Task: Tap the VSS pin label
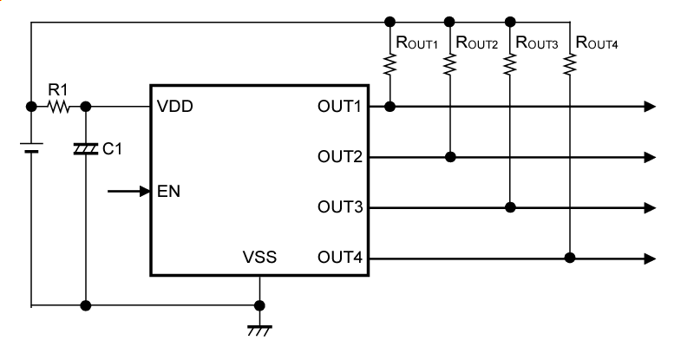(x=260, y=258)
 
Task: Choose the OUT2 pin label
(x=339, y=157)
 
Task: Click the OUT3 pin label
(x=339, y=207)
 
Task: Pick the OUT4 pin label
(x=339, y=258)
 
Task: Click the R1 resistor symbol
(x=58, y=107)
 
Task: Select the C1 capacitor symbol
(x=85, y=149)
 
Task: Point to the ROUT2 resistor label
(x=476, y=42)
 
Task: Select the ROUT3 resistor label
(x=536, y=42)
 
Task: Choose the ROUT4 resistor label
(x=596, y=42)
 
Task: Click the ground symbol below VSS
(x=259, y=328)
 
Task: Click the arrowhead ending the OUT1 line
(x=650, y=107)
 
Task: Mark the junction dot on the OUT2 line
(x=449, y=157)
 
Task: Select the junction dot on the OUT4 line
(x=569, y=258)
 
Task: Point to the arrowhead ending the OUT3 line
(x=650, y=207)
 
